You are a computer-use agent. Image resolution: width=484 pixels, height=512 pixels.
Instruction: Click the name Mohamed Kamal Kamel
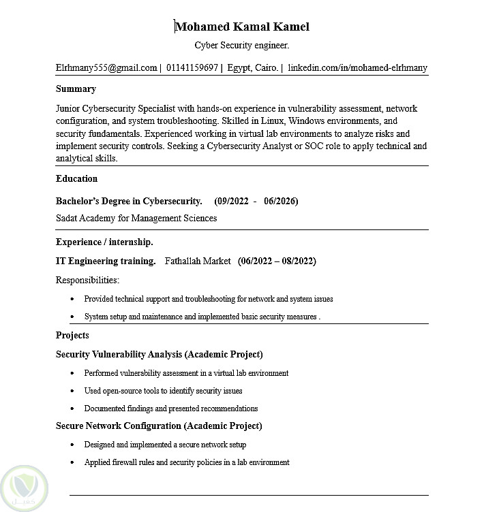tap(242, 27)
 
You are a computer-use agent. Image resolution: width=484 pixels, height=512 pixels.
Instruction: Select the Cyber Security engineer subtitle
tap(242, 46)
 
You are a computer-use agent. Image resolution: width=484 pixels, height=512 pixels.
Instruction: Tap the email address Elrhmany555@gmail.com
tap(106, 68)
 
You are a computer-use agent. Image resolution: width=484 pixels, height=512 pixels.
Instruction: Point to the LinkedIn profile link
tap(358, 68)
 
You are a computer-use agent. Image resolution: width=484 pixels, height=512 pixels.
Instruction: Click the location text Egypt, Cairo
tap(253, 68)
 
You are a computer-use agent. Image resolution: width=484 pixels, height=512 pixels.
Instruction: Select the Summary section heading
tap(76, 89)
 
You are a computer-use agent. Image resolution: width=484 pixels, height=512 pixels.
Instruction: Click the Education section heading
tap(76, 179)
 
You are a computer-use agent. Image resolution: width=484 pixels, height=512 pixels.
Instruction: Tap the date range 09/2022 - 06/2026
tap(256, 201)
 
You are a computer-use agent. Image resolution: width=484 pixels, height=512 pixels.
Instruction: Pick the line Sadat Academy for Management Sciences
tap(136, 219)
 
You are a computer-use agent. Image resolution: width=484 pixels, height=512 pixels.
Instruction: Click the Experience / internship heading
tap(104, 242)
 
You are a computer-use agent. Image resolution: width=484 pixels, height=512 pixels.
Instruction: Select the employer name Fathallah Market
tap(198, 261)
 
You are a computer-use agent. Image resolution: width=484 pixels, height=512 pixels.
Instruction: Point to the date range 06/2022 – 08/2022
tap(277, 261)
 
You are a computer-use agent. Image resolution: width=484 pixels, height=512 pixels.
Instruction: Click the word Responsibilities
tap(87, 280)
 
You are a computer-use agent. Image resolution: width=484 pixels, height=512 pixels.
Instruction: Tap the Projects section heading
tap(72, 335)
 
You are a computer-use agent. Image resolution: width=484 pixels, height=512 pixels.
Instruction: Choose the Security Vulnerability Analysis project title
tap(159, 354)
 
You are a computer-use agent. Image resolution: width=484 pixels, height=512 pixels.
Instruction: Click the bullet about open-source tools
tap(163, 391)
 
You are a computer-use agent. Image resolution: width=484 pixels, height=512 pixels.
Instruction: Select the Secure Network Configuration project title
tap(159, 426)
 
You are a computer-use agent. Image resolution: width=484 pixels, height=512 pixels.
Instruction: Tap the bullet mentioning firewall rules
tap(187, 462)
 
